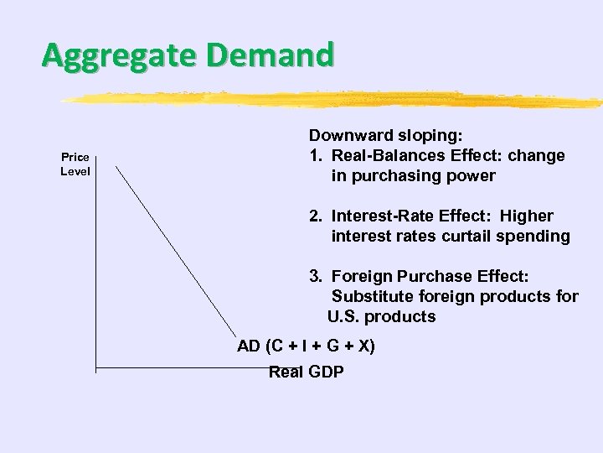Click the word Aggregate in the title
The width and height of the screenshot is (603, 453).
coord(116,56)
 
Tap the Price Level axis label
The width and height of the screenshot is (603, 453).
coord(75,164)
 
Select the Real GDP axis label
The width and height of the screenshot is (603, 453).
coord(306,372)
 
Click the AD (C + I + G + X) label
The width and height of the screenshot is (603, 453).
coord(306,346)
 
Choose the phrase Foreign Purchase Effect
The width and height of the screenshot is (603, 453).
coord(430,276)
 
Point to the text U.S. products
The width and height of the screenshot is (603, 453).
coord(382,316)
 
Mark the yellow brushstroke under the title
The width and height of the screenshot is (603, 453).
coord(335,100)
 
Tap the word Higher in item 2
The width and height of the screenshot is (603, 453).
coord(528,216)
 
